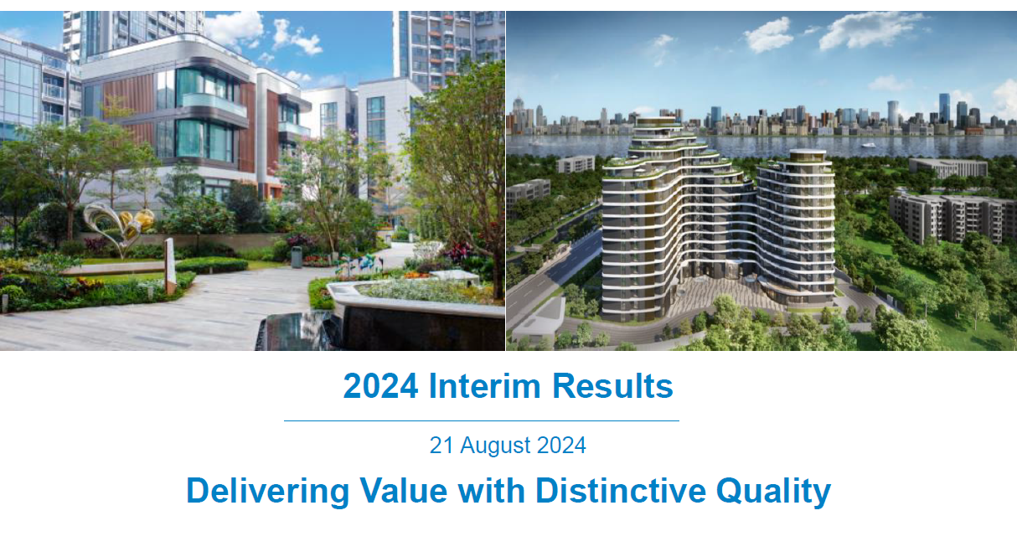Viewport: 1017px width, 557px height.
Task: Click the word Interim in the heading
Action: point(484,386)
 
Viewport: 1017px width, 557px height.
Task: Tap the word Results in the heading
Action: point(612,386)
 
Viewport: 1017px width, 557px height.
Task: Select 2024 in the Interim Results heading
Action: point(380,386)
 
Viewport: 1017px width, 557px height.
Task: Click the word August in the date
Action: point(495,446)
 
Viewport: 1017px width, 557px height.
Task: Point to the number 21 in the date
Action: point(441,446)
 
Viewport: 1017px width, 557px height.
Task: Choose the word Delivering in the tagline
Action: point(267,492)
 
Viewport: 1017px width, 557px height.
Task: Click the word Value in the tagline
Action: point(404,491)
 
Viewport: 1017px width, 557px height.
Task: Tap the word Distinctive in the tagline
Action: point(621,491)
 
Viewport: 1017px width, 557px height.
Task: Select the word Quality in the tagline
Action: point(774,492)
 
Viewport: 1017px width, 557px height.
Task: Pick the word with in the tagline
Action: point(491,491)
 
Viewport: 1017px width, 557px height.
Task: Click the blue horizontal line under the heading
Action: point(481,420)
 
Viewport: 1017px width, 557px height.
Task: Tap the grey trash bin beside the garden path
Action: point(297,257)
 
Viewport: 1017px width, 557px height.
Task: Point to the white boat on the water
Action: point(869,145)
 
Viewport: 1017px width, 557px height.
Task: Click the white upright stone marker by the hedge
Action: point(170,266)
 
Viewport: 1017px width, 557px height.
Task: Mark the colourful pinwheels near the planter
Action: point(361,266)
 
